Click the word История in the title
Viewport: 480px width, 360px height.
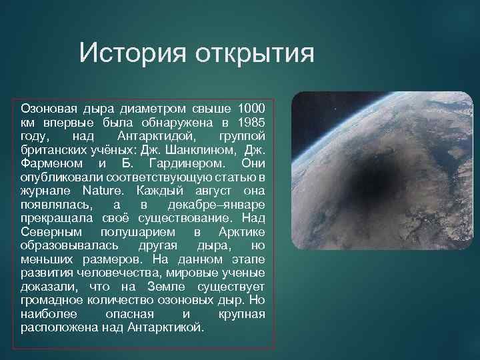[x=131, y=53]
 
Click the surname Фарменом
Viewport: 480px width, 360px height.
[x=52, y=163]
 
